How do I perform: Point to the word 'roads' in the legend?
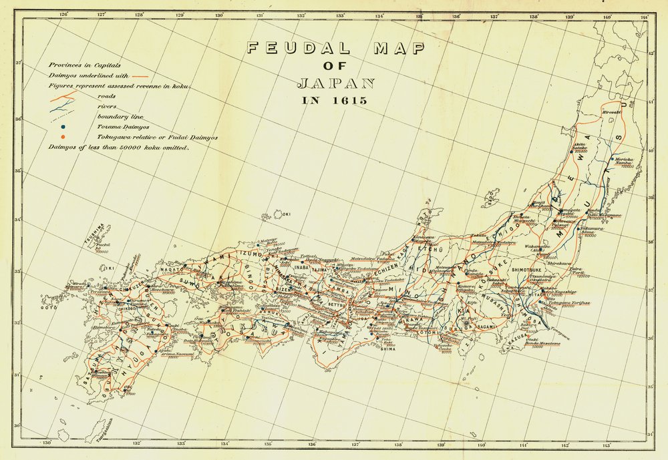[x=106, y=95]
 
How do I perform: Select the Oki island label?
[x=288, y=214]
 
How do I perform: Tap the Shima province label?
[x=388, y=348]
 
